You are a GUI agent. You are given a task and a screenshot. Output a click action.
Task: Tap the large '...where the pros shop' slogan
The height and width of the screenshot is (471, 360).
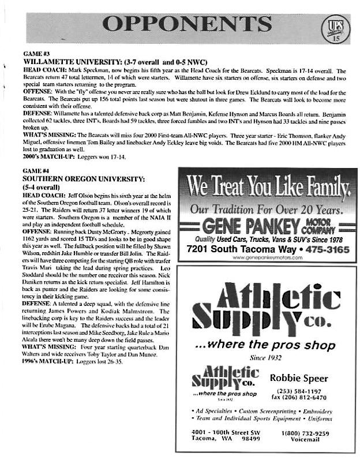pyautogui.click(x=265, y=346)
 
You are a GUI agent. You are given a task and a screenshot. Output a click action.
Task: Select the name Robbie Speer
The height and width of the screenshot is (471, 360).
pyautogui.click(x=299, y=379)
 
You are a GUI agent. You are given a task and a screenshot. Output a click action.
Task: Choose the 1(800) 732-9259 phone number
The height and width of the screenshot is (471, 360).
pyautogui.click(x=305, y=433)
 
